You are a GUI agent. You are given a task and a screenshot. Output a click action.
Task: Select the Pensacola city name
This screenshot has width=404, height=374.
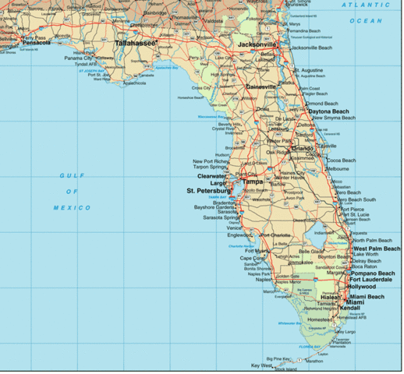coord(32,43)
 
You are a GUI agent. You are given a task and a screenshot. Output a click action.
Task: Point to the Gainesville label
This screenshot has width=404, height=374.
coord(261,86)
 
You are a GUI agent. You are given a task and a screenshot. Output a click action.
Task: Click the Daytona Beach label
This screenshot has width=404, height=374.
coord(329,111)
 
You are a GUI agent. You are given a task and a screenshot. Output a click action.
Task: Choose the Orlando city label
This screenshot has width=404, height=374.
coord(302,148)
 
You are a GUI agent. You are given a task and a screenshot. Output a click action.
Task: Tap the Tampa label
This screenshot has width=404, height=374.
coord(253,182)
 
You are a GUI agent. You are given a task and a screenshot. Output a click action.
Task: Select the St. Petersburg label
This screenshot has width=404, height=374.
coord(206,191)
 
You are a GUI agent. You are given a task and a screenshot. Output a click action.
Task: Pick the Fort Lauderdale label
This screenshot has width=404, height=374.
coord(373,280)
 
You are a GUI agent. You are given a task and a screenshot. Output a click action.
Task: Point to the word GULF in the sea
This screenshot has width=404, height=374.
coord(73,176)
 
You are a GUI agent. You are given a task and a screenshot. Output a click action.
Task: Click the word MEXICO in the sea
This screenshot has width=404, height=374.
coord(73,208)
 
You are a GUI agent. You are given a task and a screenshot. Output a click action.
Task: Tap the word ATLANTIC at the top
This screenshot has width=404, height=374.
coord(356,6)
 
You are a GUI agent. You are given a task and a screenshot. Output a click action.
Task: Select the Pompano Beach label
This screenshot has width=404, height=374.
coord(374,273)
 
